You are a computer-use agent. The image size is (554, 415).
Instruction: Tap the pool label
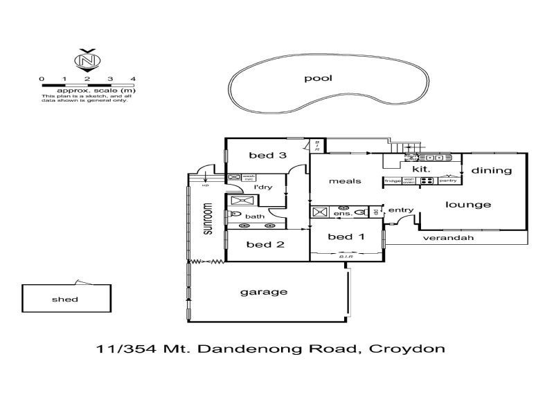click(319, 78)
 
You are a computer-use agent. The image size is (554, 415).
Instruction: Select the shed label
click(65, 299)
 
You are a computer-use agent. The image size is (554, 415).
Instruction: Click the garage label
click(263, 292)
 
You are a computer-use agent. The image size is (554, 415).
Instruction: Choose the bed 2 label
click(260, 244)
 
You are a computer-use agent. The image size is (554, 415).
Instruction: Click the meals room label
click(345, 181)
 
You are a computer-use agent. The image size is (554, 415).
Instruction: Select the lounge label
click(468, 205)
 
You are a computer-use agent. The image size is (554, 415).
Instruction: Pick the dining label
click(492, 170)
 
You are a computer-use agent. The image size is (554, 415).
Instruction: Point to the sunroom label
click(206, 219)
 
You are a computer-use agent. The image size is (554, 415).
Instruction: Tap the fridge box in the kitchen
click(393, 181)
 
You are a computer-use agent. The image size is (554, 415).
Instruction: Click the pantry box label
click(448, 181)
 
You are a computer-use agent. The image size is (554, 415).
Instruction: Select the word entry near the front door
click(400, 210)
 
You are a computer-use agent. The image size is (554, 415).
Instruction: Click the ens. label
click(343, 214)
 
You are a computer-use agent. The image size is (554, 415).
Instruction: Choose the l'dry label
click(263, 187)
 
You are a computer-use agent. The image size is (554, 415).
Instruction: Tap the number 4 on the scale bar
click(132, 79)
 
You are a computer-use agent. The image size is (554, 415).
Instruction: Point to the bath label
click(255, 216)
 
